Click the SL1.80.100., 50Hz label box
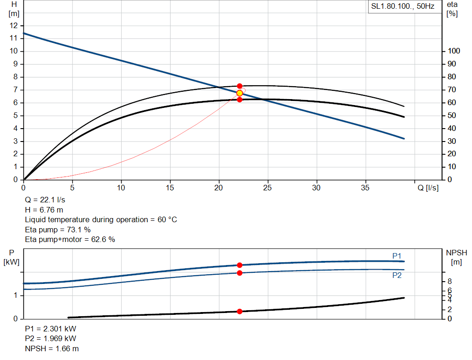(403, 7)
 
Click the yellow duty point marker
(240, 93)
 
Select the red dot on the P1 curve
(240, 265)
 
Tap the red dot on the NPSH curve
(240, 312)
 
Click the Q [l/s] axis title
(428, 188)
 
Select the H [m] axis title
(14, 9)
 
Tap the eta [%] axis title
(452, 9)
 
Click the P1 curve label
(397, 256)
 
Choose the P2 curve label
(397, 275)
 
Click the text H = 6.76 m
(44, 210)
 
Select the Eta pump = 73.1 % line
(58, 230)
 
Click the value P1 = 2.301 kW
(51, 329)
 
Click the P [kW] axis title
(11, 257)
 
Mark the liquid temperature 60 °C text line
(101, 219)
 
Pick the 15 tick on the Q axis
(171, 188)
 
